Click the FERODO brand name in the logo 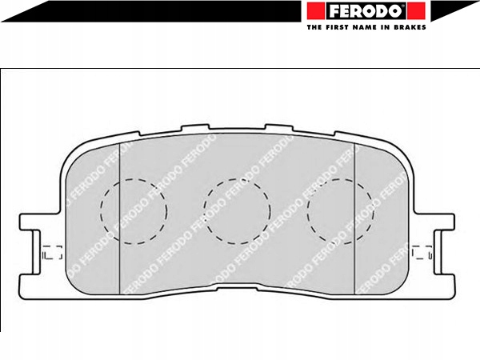(366, 11)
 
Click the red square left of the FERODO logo (316, 11)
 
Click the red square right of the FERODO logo (416, 11)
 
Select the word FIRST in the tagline (337, 27)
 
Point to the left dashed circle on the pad (134, 211)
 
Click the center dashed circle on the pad (237, 211)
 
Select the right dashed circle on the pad (341, 211)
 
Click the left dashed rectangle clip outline (52, 252)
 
